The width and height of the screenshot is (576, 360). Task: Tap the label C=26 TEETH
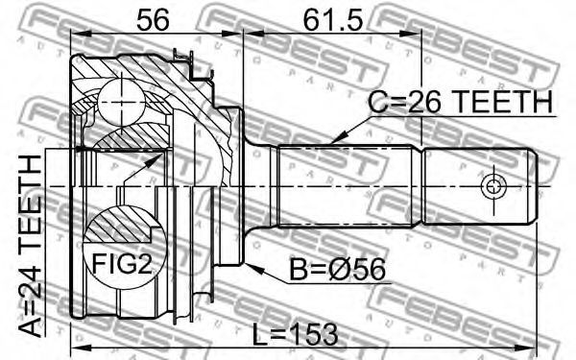click(x=460, y=102)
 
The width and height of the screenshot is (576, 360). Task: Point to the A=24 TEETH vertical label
click(x=30, y=246)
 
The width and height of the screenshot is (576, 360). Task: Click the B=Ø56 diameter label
click(x=338, y=270)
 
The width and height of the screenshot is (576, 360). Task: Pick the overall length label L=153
click(x=296, y=335)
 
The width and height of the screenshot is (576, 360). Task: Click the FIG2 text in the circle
click(x=122, y=263)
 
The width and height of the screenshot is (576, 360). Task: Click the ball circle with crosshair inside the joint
click(x=121, y=102)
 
